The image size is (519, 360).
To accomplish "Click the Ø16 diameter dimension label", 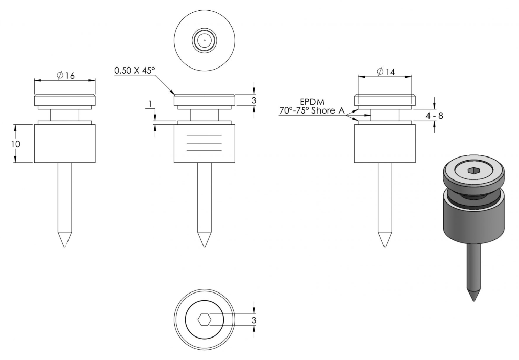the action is click(65, 76).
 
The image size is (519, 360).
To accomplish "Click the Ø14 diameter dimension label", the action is click(386, 72).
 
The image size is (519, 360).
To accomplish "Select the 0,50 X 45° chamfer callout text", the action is click(134, 71).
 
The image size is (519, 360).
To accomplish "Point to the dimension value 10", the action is click(15, 144).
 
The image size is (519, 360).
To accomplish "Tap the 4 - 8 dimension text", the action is click(434, 116).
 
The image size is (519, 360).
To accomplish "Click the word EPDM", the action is click(312, 102).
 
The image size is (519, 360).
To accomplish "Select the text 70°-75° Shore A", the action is click(311, 110).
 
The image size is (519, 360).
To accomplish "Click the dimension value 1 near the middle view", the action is click(150, 104).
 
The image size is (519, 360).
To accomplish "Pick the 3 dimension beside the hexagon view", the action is click(254, 320).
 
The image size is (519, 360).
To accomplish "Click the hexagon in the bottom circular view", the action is click(205, 320).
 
